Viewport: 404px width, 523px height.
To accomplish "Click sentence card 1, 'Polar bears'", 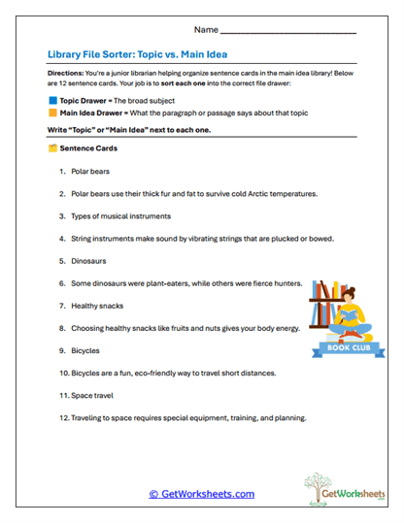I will pyautogui.click(x=92, y=171).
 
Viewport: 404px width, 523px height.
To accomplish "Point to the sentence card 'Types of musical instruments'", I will pyautogui.click(x=120, y=216).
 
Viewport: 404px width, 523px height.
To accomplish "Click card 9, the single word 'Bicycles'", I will pyautogui.click(x=85, y=350).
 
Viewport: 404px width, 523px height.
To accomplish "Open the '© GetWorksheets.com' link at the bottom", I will pyautogui.click(x=201, y=494).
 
